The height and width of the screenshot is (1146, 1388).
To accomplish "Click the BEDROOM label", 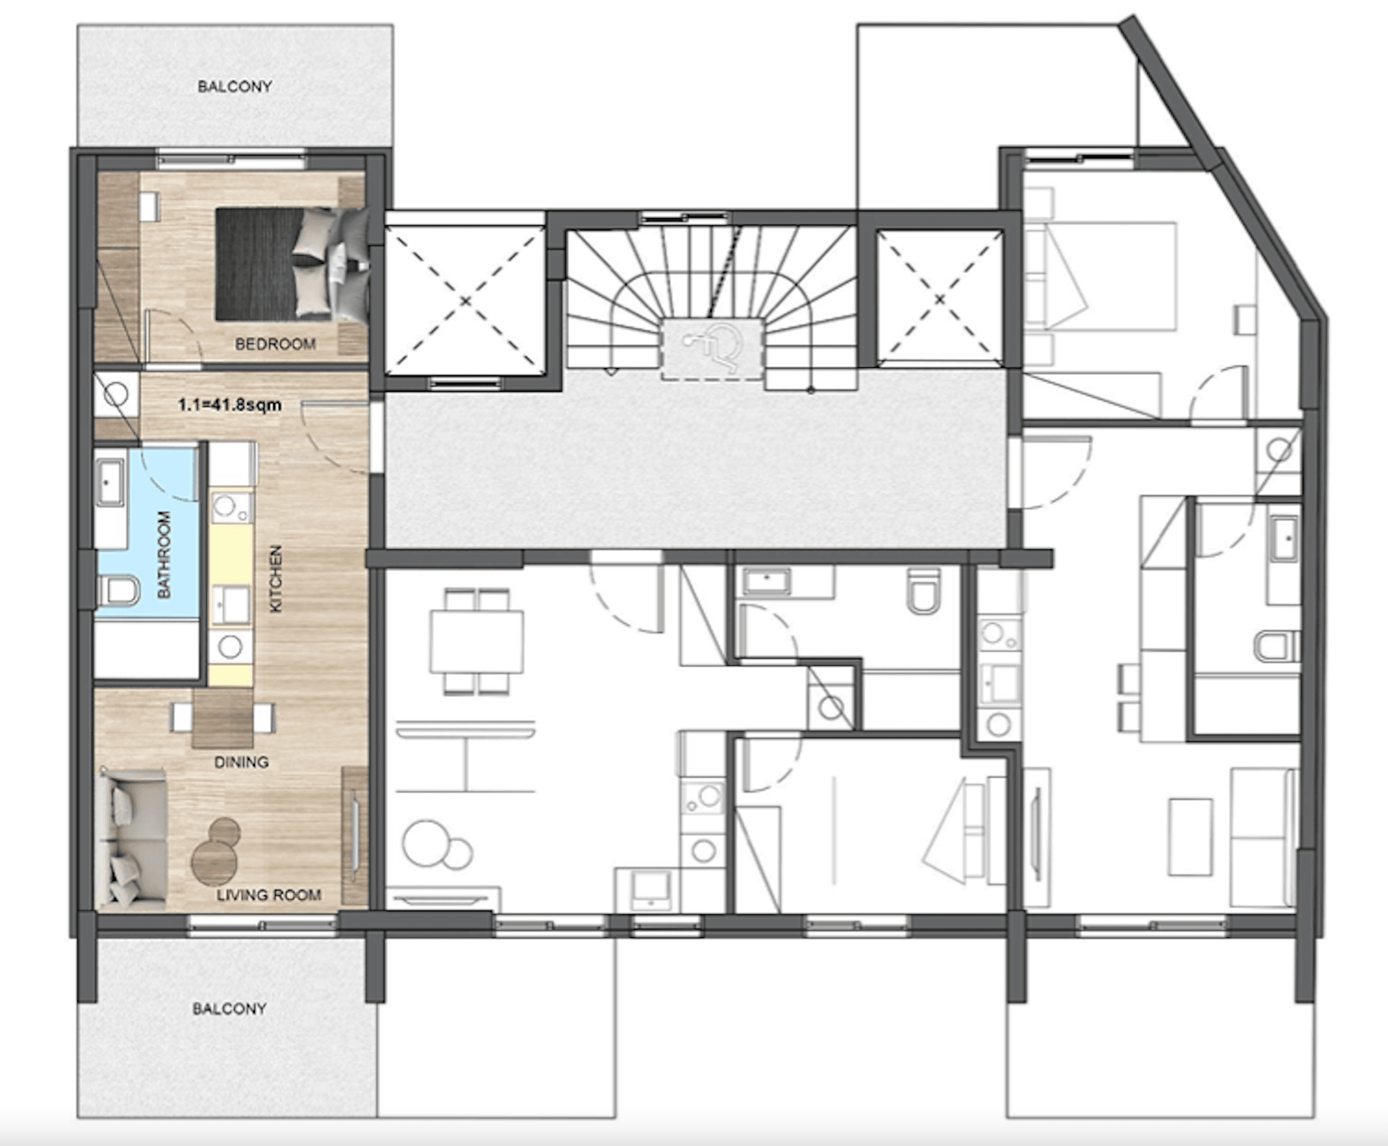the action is [275, 344].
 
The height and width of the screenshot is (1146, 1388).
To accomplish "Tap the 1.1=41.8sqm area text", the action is [230, 405].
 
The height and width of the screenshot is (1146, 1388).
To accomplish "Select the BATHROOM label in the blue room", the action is [163, 555].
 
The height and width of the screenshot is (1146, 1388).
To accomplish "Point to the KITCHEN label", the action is [276, 578].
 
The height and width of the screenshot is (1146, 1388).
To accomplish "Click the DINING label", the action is [242, 762].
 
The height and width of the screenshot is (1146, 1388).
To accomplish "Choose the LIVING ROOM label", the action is [269, 895].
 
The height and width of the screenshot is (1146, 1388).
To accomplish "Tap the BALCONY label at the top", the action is [235, 86].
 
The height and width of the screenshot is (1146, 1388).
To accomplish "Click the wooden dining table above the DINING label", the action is [222, 718].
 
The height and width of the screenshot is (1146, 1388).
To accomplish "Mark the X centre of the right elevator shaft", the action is [940, 300].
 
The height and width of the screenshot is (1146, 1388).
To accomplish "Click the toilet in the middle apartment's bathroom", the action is [923, 591].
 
